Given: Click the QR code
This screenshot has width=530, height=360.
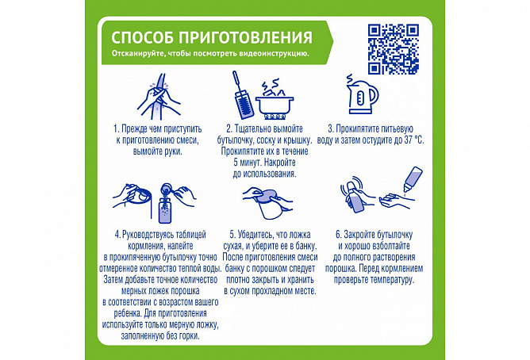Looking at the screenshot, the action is click(394, 49).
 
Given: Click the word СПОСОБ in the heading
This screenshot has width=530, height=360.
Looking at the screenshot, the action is click(142, 37).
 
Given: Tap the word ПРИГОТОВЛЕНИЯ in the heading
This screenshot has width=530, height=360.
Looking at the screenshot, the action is click(245, 37).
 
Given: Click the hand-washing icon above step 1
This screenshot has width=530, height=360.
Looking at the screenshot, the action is click(158, 96).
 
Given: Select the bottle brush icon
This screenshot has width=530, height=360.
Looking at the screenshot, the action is click(241, 95).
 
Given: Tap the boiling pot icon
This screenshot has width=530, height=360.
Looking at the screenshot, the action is click(275, 99).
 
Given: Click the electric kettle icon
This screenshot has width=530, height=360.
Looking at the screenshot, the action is click(362, 94).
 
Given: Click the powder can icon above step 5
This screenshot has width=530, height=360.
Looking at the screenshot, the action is click(269, 203).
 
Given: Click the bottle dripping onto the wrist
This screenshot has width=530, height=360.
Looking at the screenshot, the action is click(413, 179).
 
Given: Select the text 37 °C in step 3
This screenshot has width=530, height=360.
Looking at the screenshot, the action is click(413, 140).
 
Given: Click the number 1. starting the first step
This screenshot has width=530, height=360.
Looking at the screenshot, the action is click(117, 129).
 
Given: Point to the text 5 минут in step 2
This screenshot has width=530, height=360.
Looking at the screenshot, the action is click(248, 163).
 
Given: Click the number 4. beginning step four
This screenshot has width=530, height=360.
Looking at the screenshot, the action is click(117, 235).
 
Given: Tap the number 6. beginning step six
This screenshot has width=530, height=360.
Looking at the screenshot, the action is click(339, 235).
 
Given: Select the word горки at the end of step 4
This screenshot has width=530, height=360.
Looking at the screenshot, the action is click(190, 336).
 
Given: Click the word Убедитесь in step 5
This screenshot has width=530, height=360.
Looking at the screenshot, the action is click(256, 235).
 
